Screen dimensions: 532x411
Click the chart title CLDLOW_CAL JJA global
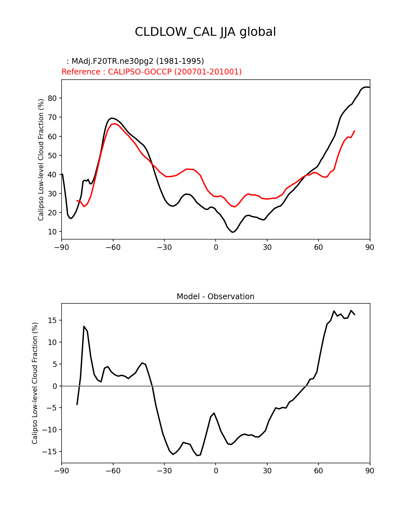pyautogui.click(x=205, y=32)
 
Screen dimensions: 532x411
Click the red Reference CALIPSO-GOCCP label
pyautogui.click(x=152, y=72)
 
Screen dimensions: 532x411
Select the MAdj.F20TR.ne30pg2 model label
pyautogui.click(x=138, y=61)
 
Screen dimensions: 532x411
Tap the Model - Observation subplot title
pyautogui.click(x=215, y=297)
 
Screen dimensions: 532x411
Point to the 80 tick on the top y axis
pyautogui.click(x=53, y=98)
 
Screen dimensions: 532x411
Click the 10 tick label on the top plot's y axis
pyautogui.click(x=53, y=232)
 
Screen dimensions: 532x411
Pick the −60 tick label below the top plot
pyautogui.click(x=113, y=247)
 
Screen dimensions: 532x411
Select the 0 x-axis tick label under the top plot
pyautogui.click(x=216, y=247)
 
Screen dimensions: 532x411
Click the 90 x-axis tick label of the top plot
pyautogui.click(x=370, y=247)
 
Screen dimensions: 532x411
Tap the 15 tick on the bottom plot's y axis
pyautogui.click(x=53, y=320)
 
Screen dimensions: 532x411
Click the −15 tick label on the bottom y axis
pyautogui.click(x=51, y=452)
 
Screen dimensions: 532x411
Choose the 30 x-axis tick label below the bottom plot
pyautogui.click(x=267, y=471)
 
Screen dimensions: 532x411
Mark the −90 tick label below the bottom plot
pyautogui.click(x=62, y=471)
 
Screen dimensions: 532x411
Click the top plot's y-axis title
pyautogui.click(x=41, y=160)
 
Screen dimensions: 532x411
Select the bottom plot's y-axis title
pyautogui.click(x=35, y=383)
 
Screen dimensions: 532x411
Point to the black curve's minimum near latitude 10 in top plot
pyautogui.click(x=233, y=232)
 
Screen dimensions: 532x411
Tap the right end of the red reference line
pyautogui.click(x=355, y=131)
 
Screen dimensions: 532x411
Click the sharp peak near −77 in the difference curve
pyautogui.click(x=84, y=326)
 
